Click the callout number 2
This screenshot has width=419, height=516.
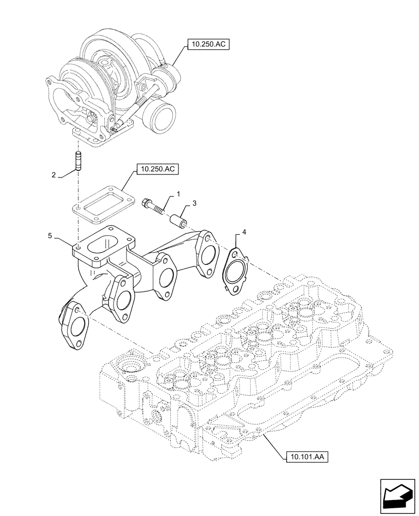54,175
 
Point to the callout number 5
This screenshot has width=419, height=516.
50,236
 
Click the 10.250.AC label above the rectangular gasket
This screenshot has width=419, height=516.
155,169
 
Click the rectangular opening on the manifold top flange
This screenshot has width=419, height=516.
106,244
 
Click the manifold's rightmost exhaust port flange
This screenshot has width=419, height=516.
207,254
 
